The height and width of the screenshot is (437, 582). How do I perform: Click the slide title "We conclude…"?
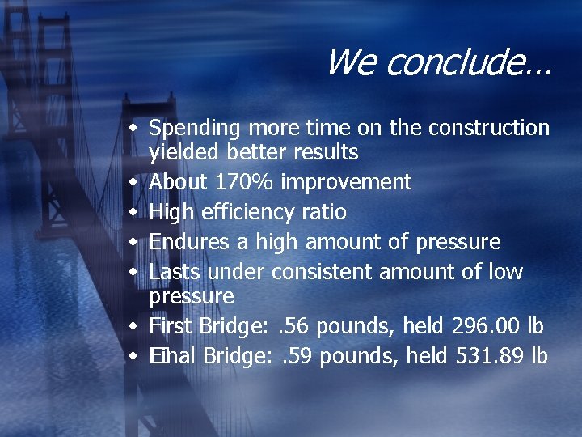(x=437, y=62)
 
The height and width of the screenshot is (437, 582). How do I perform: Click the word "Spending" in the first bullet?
(x=195, y=128)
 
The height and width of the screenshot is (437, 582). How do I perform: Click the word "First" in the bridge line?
(x=171, y=327)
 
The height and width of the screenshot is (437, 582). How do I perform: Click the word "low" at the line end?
(x=505, y=272)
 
